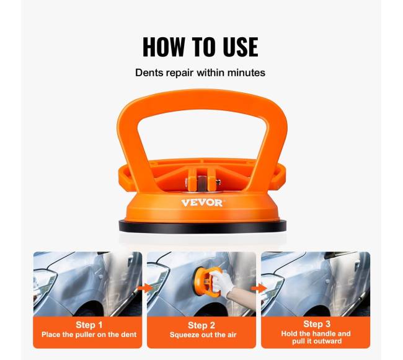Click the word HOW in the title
[x=164, y=46]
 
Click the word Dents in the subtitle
[x=149, y=72]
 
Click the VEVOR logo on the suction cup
[x=201, y=203]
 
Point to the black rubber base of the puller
[x=203, y=227]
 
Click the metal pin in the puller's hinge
[x=201, y=183]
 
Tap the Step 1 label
[x=89, y=325]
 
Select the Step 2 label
[x=201, y=325]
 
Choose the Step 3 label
[x=317, y=324]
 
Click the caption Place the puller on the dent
[x=89, y=335]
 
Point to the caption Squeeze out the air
[x=203, y=335]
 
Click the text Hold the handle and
[x=316, y=333]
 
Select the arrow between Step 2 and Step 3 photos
[x=259, y=288]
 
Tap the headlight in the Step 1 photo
[x=43, y=281]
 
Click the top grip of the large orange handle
[x=202, y=100]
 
